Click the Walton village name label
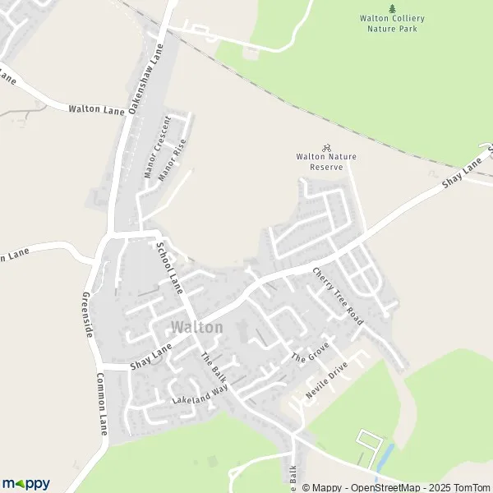[196, 327]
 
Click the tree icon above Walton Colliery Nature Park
[389, 7]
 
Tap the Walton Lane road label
[95, 108]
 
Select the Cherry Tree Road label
[337, 293]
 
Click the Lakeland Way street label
[199, 393]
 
